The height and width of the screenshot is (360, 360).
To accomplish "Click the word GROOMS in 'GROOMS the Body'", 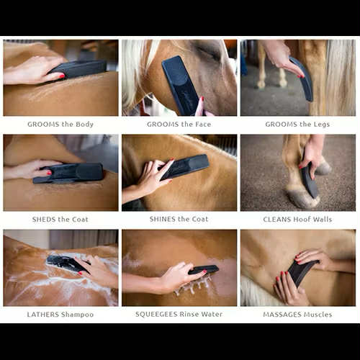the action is pyautogui.click(x=43, y=125).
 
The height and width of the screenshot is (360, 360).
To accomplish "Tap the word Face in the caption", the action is pyautogui.click(x=203, y=125).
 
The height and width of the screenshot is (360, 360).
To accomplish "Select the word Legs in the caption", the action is pyautogui.click(x=321, y=125).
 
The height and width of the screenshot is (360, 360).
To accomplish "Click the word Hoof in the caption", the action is pyautogui.click(x=303, y=220).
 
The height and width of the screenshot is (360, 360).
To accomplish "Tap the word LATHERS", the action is pyautogui.click(x=43, y=315).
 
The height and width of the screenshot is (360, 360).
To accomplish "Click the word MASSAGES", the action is pyautogui.click(x=279, y=315).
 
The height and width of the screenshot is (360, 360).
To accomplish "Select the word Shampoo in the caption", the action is pyautogui.click(x=77, y=315).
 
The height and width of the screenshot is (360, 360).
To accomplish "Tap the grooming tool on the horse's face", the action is pyautogui.click(x=181, y=85).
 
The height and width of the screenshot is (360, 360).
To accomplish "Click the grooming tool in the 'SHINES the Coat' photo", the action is pyautogui.click(x=184, y=166).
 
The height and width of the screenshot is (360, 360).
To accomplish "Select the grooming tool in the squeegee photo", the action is pyautogui.click(x=204, y=269).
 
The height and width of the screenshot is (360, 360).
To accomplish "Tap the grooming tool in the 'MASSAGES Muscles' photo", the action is pyautogui.click(x=302, y=272).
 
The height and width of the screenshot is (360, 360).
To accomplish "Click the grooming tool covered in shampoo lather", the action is pyautogui.click(x=67, y=264).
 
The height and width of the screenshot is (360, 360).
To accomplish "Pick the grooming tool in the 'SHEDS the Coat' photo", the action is pyautogui.click(x=68, y=173).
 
